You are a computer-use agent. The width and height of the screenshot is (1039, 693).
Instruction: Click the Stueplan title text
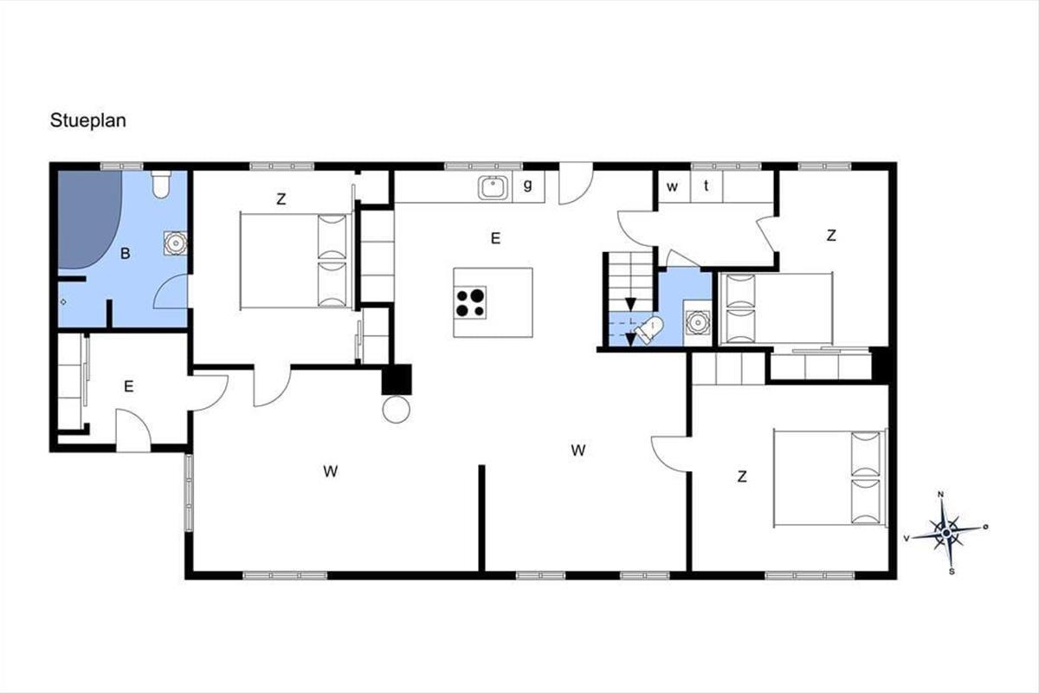tap(88, 121)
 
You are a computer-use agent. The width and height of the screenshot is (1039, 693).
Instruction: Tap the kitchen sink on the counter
tap(493, 188)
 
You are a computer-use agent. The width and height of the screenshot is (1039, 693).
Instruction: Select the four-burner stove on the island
tap(470, 302)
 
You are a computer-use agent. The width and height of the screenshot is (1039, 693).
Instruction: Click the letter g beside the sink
tap(528, 185)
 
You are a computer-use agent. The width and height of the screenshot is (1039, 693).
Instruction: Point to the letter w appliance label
tap(672, 186)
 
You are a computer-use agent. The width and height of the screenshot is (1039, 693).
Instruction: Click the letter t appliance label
tap(706, 185)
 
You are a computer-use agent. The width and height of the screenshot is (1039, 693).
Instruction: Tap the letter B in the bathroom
tap(126, 254)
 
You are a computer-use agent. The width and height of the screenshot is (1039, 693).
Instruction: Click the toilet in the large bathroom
tap(161, 185)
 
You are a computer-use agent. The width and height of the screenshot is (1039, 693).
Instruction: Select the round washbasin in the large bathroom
tap(176, 243)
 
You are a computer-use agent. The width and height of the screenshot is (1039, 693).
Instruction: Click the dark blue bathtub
tap(88, 219)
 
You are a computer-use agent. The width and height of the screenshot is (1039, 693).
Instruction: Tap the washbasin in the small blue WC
tap(697, 322)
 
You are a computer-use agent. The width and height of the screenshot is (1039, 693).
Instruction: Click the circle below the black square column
tap(397, 410)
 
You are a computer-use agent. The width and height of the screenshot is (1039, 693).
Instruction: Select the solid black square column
tap(397, 379)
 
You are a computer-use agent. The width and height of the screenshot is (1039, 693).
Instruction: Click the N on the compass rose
tap(941, 495)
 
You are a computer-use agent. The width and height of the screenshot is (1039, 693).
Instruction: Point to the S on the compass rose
tap(952, 572)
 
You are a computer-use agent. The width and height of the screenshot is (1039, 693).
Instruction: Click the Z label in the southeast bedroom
tap(742, 476)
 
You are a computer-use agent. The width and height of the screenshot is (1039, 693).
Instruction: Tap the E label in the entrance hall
tap(129, 386)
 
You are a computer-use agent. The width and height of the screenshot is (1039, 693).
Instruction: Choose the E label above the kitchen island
tap(496, 238)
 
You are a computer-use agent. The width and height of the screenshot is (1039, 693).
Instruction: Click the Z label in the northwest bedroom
tap(281, 199)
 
